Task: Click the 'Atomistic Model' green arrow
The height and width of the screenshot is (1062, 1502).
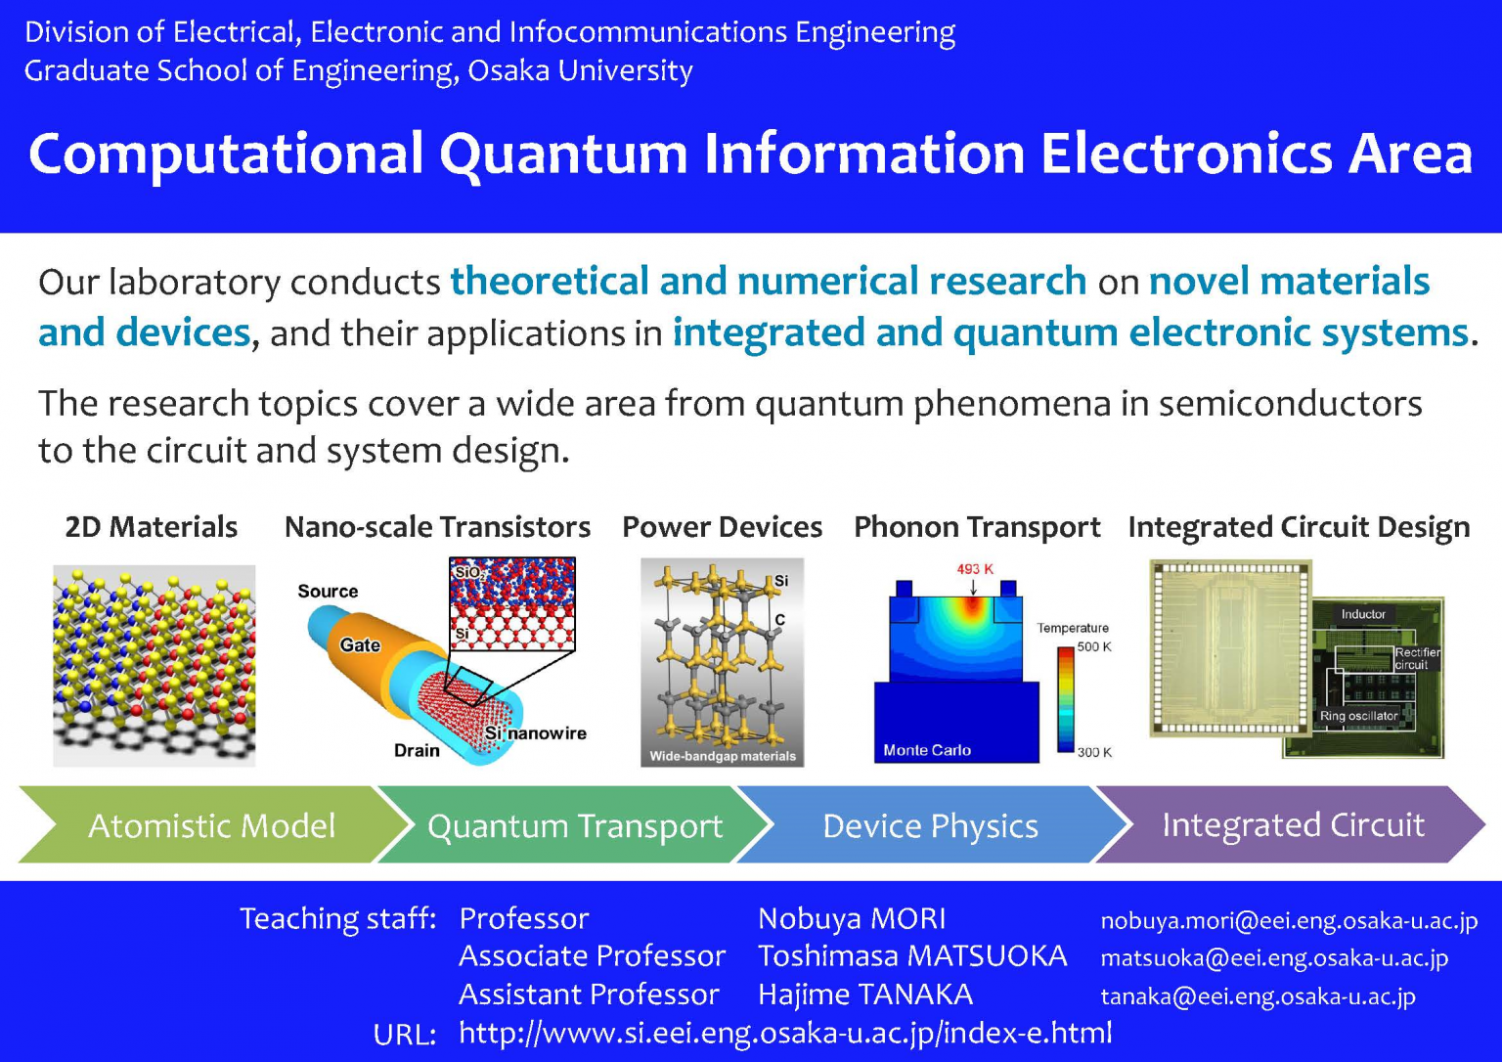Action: [x=211, y=825]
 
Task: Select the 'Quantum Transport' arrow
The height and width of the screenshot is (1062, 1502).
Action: [x=574, y=825]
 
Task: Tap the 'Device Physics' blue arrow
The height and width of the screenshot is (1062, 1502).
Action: [x=929, y=825]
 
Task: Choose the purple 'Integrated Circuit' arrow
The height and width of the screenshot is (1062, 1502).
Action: [x=1292, y=824]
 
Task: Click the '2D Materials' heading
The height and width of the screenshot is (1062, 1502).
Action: [x=151, y=527]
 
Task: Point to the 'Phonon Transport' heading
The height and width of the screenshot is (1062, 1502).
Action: [x=976, y=527]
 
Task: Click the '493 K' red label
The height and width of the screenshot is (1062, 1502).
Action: [x=974, y=569]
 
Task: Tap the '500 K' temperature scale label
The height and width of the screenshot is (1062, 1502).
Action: [x=1093, y=647]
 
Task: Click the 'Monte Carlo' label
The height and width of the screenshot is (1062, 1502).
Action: [x=926, y=750]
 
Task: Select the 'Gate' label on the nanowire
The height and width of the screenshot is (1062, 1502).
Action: [x=359, y=645]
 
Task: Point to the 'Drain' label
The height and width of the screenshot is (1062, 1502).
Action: [x=417, y=750]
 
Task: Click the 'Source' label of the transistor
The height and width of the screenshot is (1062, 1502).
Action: [x=328, y=592]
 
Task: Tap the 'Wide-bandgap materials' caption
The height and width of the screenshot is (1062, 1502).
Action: [x=722, y=756]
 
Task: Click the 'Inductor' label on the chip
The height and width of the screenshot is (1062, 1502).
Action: [x=1362, y=614]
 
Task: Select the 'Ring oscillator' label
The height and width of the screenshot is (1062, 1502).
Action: [x=1358, y=716]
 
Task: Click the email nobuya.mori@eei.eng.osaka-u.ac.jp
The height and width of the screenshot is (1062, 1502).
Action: [x=1288, y=920]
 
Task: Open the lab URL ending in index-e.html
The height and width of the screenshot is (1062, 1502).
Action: [x=784, y=1033]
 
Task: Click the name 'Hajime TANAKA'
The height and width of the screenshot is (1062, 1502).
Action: [x=864, y=995]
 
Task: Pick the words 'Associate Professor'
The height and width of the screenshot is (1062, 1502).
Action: [x=592, y=955]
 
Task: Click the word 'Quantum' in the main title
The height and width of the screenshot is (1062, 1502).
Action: [x=563, y=155]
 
